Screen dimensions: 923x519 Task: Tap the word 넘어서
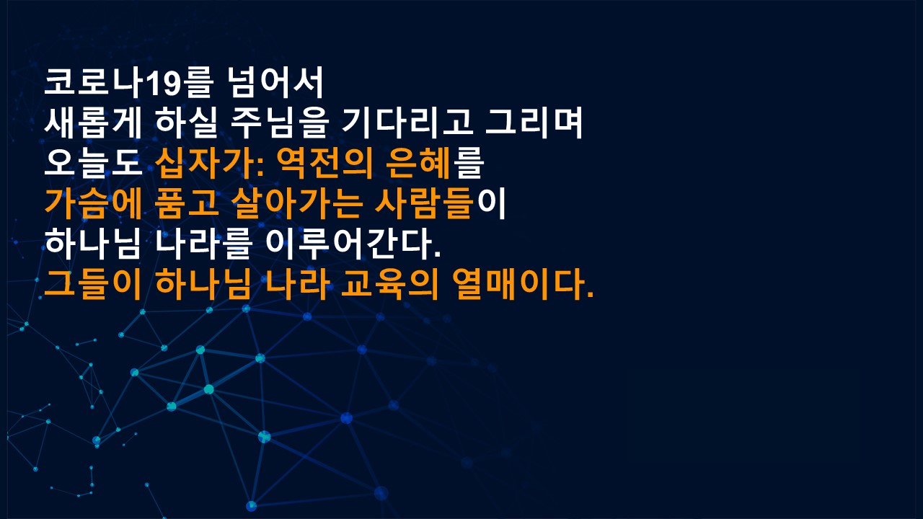275,83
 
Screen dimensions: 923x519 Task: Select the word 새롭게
93,123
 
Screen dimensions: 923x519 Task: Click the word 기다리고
407,123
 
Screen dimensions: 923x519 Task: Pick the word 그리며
534,123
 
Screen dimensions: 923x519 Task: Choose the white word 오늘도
93,163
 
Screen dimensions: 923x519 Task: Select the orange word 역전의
324,163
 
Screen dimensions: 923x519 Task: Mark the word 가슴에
93,203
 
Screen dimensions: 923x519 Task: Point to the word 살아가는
296,203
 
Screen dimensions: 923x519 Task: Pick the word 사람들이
441,203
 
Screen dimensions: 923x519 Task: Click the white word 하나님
93,244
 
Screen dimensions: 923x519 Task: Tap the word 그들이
93,284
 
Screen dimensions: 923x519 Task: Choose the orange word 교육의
389,284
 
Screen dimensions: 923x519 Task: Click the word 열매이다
518,284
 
